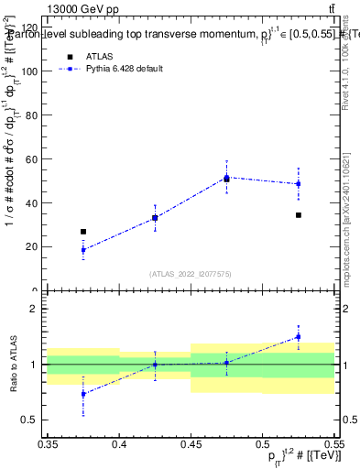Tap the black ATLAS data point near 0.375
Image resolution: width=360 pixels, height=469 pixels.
coord(83,232)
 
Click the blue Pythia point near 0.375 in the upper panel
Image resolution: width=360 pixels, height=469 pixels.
coord(83,250)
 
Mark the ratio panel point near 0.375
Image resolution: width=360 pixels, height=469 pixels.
coord(83,394)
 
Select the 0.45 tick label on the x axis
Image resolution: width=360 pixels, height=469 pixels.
coord(191,444)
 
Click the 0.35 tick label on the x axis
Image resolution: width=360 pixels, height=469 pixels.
coord(48,444)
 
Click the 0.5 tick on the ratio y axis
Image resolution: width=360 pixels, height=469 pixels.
coord(33,420)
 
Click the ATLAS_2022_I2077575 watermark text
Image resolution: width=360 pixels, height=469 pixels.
coord(191,274)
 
